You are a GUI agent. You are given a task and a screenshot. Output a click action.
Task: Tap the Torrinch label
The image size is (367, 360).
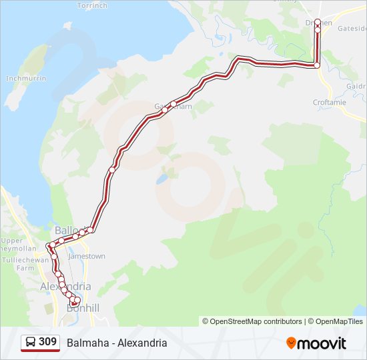tap(91, 5)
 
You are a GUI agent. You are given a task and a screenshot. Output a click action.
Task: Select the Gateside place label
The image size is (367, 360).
tap(352, 29)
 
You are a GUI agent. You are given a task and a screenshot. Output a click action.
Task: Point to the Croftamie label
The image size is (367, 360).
tap(330, 103)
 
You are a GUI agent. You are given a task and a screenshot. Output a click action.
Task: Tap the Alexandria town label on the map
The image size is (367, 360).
tap(65, 287)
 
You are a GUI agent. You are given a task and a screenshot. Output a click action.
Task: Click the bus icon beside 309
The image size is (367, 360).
tap(30, 343)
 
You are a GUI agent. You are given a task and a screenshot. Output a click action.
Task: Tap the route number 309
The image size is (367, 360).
tap(47, 342)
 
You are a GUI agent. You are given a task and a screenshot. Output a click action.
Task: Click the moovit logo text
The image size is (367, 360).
tap(322, 343)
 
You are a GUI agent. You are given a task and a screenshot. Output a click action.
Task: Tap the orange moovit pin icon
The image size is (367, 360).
tap(291, 343)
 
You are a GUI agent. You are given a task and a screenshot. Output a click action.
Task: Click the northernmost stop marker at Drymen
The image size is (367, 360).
tap(318, 22)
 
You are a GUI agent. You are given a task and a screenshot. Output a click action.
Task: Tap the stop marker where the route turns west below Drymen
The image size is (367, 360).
tap(317, 65)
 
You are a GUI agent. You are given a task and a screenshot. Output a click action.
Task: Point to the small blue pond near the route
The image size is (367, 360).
tap(161, 180)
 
